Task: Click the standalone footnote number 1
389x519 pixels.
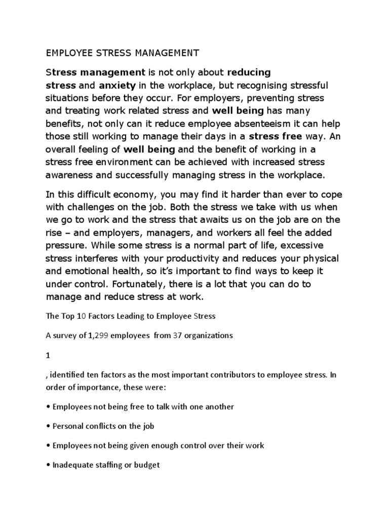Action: pos(48,355)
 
